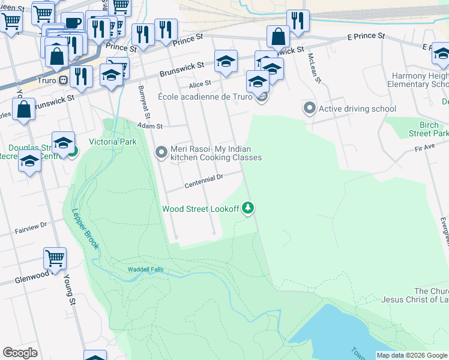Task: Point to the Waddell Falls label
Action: coord(145,269)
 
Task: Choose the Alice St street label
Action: coord(200,83)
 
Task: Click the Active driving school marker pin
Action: coord(309,109)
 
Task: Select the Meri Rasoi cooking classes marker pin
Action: coord(161,153)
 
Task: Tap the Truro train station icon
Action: coord(62,80)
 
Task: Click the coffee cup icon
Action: coord(73,23)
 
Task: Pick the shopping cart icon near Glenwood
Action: coord(55,258)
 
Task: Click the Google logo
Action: coord(20,353)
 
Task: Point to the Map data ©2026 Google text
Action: coord(411,355)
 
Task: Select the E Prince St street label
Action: coord(366,37)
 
